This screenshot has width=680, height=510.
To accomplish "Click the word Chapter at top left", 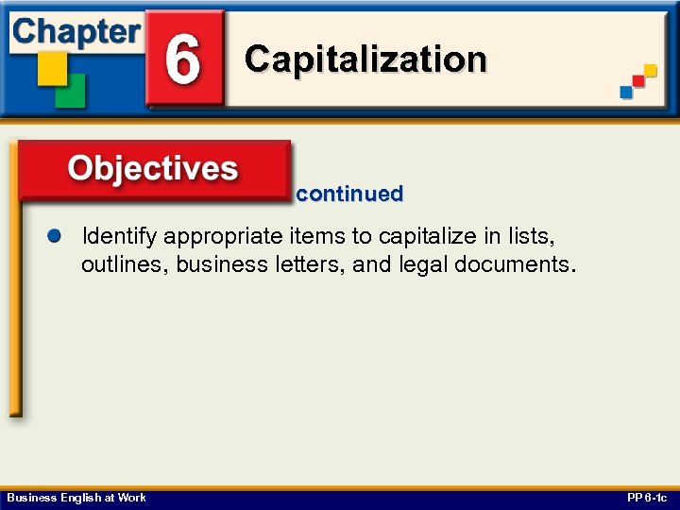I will tap(76, 32).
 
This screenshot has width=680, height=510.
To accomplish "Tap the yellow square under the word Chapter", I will tap(52, 66).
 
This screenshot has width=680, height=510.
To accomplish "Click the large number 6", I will tap(183, 59).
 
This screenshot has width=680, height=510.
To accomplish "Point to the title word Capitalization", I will tap(365, 59).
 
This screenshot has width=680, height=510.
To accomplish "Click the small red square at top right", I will tap(638, 82).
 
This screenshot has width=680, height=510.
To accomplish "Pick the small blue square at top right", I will tap(627, 92).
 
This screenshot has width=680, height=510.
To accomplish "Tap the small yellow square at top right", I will tap(649, 71).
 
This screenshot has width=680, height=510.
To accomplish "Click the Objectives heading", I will tap(153, 169).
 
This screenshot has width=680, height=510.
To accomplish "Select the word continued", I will tap(349, 195).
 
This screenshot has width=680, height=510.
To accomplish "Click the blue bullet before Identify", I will tap(55, 234).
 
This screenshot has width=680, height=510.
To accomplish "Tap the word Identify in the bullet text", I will tap(120, 235).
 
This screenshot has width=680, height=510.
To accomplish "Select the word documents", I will tap(511, 264).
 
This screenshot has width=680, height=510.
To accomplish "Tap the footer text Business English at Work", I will tap(76, 498).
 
